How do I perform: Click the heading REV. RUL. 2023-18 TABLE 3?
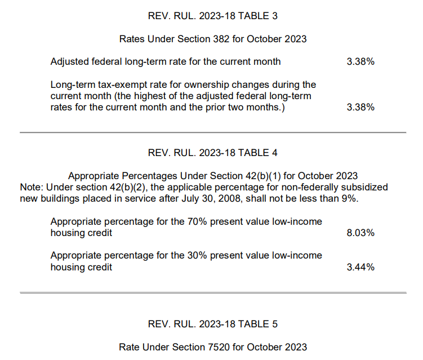[212, 16]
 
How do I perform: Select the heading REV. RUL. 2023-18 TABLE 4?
[212, 153]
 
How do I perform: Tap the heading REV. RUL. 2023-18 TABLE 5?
[212, 324]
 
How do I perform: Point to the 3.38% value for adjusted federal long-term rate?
[360, 61]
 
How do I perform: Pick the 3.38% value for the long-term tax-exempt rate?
[360, 107]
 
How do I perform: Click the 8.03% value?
[360, 233]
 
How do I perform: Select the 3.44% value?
[360, 267]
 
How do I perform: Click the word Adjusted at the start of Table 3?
[70, 62]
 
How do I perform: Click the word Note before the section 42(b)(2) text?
[32, 187]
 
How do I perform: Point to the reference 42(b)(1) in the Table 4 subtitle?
[263, 176]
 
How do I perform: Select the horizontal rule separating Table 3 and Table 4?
[213, 132]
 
